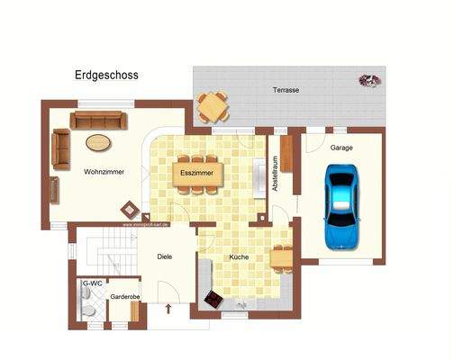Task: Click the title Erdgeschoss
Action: click(x=106, y=76)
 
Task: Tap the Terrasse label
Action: click(x=287, y=91)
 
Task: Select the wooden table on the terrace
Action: click(x=213, y=107)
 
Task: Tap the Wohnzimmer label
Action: click(x=104, y=171)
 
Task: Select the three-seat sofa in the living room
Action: click(x=99, y=120)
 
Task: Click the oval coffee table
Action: click(x=99, y=142)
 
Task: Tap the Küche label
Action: click(x=239, y=257)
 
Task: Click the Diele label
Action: click(x=164, y=256)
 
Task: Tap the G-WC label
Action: click(x=91, y=283)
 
